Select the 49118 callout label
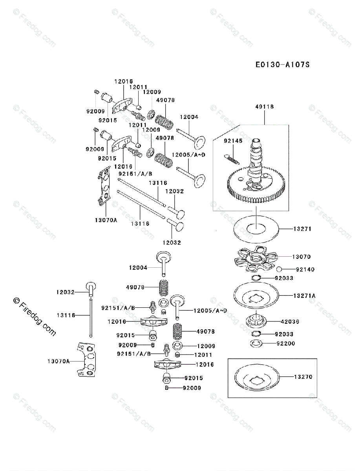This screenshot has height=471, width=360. (x=264, y=107)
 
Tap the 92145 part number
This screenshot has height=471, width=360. (x=233, y=141)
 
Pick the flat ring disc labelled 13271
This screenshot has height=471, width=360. (x=256, y=228)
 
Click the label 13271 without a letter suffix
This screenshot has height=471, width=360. (x=302, y=228)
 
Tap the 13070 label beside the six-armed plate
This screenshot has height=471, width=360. (x=301, y=257)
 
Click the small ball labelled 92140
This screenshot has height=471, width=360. (x=279, y=269)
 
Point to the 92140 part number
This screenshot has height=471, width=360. (x=305, y=270)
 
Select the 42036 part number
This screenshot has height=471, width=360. (x=290, y=322)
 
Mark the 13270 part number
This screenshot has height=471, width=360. (x=303, y=377)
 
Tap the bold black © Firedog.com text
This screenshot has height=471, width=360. (x=34, y=316)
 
